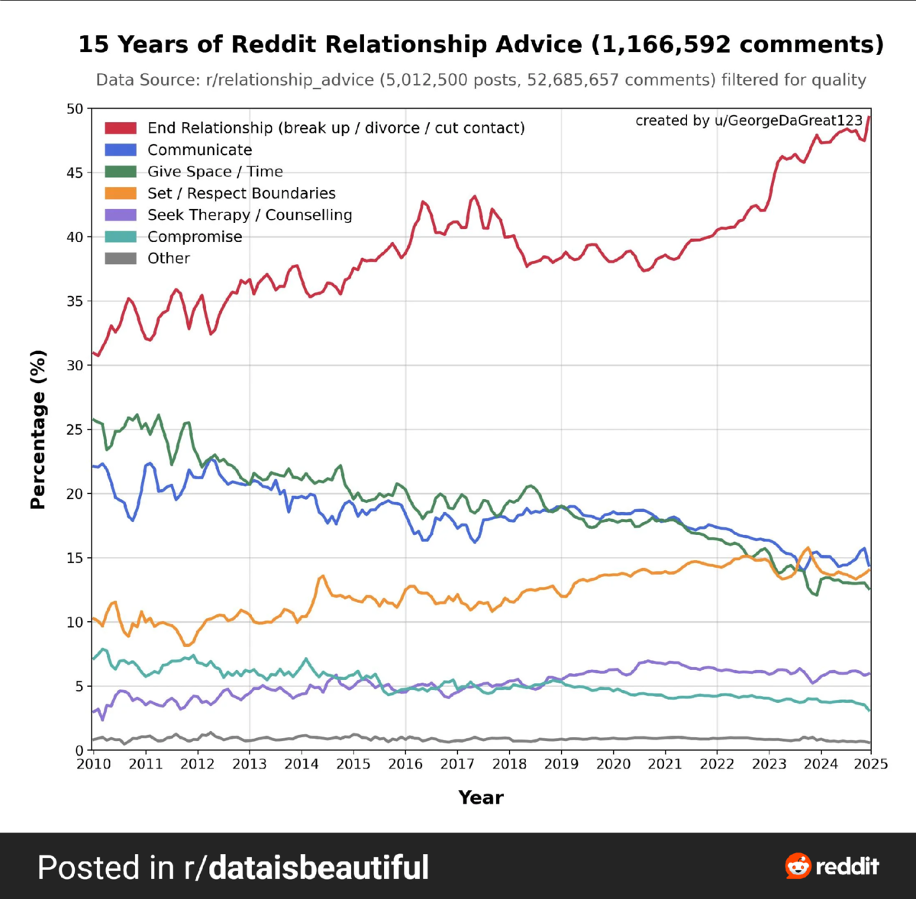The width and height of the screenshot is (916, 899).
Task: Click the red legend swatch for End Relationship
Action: [x=121, y=128]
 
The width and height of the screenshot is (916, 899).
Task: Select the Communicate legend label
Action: [x=199, y=150]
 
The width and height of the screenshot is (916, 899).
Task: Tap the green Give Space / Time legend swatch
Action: [x=121, y=172]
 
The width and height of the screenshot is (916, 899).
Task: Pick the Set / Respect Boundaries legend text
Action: [x=241, y=194]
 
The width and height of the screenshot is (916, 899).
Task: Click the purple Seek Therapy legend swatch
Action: [x=121, y=215]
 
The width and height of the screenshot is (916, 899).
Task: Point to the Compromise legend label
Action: [x=195, y=237]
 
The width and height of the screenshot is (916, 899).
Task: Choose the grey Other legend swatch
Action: [x=121, y=259]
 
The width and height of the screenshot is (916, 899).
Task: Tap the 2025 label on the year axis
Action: [x=872, y=764]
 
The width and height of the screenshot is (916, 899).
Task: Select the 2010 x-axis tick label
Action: [x=93, y=764]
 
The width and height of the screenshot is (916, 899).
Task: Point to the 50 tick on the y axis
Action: [x=74, y=109]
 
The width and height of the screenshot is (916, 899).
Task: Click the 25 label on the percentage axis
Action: [x=74, y=430]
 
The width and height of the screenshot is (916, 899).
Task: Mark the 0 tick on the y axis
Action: [x=79, y=751]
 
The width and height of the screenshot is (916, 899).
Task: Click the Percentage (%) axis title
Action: [x=38, y=430]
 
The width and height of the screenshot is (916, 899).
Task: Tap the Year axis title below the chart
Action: [x=481, y=797]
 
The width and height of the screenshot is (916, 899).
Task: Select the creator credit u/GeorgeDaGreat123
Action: [x=789, y=121]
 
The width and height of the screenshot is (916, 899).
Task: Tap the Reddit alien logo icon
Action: [x=798, y=866]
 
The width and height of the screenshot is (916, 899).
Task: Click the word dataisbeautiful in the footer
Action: [x=318, y=868]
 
